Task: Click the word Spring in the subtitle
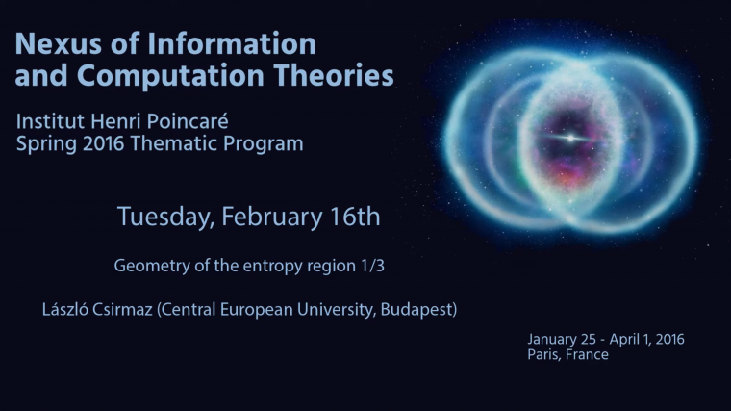pyautogui.click(x=44, y=144)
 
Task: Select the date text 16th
pyautogui.click(x=356, y=217)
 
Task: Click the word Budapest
pyautogui.click(x=416, y=311)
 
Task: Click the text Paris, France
pyautogui.click(x=568, y=354)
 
